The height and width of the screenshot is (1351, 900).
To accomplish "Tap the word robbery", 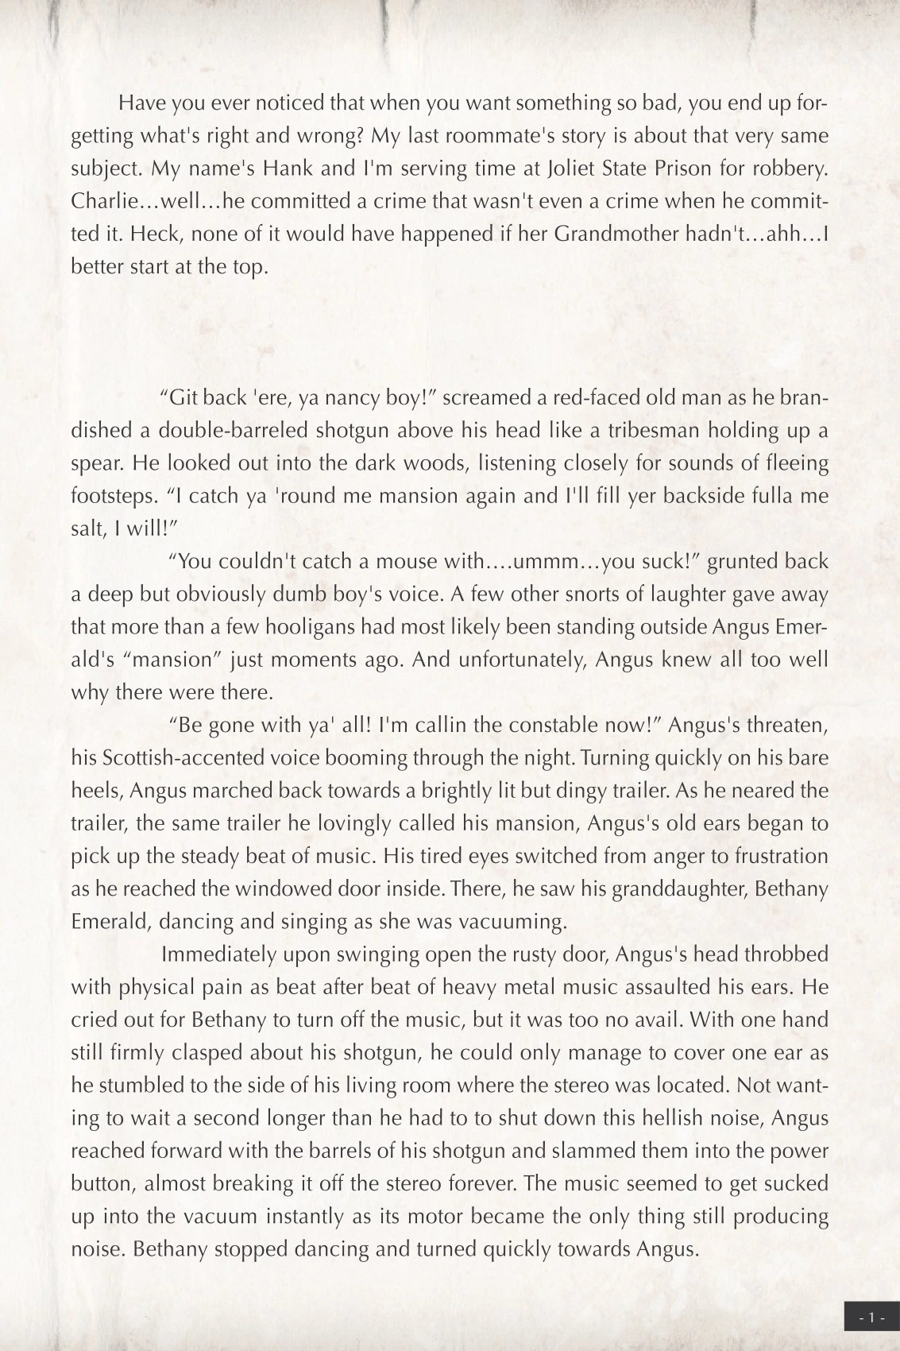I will pyautogui.click(x=791, y=168).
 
